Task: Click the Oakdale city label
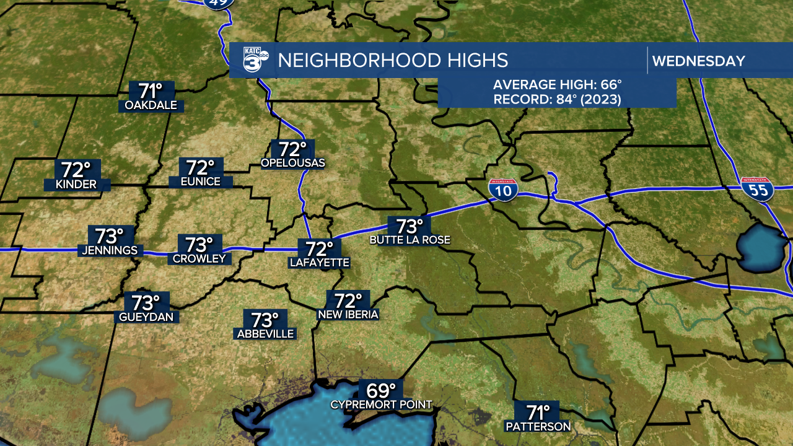151,105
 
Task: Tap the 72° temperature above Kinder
76,169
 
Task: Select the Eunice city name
201,181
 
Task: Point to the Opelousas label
293,163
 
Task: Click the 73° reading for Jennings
109,236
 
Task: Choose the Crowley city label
199,258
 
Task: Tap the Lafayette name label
320,263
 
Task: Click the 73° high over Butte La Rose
410,226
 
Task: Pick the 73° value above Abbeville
265,320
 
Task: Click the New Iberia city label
348,315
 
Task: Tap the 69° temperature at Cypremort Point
381,391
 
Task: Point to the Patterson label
538,426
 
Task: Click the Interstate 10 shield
502,190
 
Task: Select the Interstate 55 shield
758,188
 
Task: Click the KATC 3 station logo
254,61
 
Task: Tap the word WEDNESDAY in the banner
698,61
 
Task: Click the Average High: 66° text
557,85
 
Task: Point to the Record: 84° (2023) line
557,98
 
